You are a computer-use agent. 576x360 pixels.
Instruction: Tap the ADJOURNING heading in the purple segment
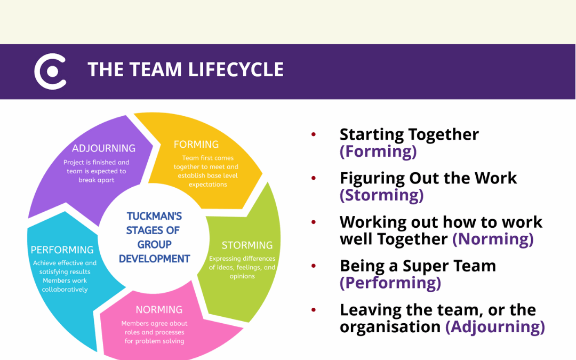tap(103, 148)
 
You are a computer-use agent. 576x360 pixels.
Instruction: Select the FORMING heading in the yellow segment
tap(196, 145)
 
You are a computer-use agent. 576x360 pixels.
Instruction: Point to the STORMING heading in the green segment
tap(247, 245)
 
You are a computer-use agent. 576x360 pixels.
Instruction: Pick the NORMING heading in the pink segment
tap(159, 310)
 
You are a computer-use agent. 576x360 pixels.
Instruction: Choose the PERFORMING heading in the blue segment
tap(62, 250)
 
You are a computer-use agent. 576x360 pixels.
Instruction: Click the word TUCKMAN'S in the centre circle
tap(154, 216)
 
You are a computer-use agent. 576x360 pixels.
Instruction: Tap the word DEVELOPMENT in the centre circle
tap(154, 259)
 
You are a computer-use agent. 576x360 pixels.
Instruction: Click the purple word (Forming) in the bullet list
tap(378, 151)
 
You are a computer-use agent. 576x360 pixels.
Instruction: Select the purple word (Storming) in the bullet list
tap(382, 195)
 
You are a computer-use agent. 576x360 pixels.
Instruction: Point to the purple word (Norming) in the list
tap(493, 239)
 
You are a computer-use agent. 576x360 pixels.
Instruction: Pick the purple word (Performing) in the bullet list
tap(390, 283)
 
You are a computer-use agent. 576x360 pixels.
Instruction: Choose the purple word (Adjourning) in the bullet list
tap(495, 326)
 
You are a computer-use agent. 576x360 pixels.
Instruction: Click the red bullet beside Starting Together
tap(314, 134)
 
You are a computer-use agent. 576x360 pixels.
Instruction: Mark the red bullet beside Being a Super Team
tap(314, 266)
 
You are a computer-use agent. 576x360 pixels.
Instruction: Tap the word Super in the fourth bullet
tap(426, 266)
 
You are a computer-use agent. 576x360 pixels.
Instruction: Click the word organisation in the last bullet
tap(390, 326)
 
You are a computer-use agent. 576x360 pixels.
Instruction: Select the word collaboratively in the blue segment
tap(65, 290)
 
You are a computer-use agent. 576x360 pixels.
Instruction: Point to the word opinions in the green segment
tap(242, 276)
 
